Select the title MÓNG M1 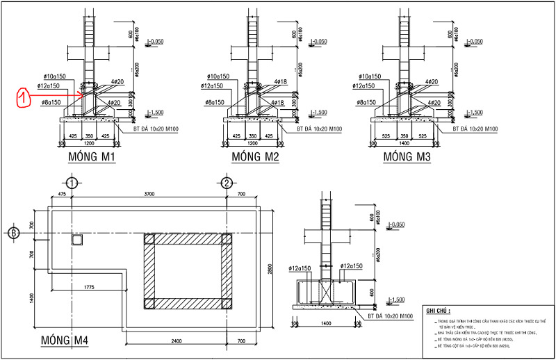tap(91, 158)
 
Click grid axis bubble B tap(14, 232)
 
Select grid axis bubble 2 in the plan tap(227, 183)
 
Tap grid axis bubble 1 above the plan tap(76, 183)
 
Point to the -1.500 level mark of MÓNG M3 tap(475, 112)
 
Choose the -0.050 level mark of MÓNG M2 tap(319, 42)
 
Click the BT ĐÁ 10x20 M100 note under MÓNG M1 tap(156, 129)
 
